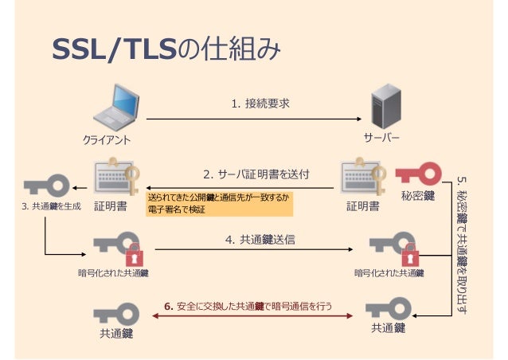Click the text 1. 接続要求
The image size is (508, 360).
(260, 104)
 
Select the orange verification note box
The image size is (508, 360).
(219, 203)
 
